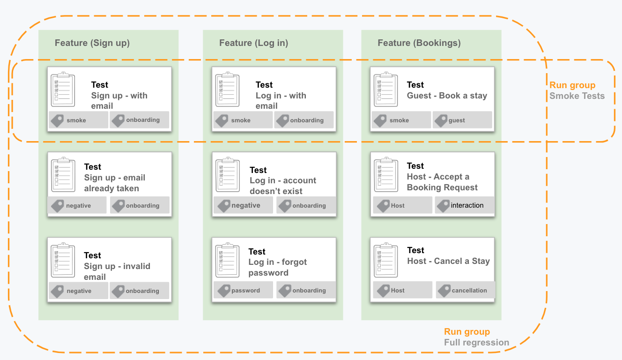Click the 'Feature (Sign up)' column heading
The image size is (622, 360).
pyautogui.click(x=92, y=43)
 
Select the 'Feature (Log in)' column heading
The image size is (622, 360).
pyautogui.click(x=253, y=43)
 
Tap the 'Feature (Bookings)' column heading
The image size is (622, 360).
pyautogui.click(x=419, y=43)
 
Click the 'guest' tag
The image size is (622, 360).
pyautogui.click(x=462, y=120)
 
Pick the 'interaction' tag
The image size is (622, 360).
pyautogui.click(x=465, y=205)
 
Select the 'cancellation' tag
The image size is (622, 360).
pyautogui.click(x=466, y=290)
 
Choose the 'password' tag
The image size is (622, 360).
pyautogui.click(x=243, y=290)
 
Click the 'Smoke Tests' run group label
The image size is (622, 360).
pyautogui.click(x=577, y=96)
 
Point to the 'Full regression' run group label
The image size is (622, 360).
pyautogui.click(x=476, y=343)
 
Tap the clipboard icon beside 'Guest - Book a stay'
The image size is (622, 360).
pyautogui.click(x=385, y=89)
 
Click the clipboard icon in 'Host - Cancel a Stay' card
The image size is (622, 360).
pyautogui.click(x=385, y=260)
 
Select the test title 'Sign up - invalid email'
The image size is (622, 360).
pyautogui.click(x=117, y=271)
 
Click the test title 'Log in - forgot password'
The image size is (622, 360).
pyautogui.click(x=278, y=267)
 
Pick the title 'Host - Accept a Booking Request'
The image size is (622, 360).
pyautogui.click(x=442, y=182)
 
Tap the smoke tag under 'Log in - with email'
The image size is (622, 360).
pyautogui.click(x=243, y=120)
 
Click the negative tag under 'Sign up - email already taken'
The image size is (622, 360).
pyautogui.click(x=77, y=205)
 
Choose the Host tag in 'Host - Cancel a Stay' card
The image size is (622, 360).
pyautogui.click(x=403, y=290)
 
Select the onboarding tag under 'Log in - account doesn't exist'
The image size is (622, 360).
pyautogui.click(x=306, y=205)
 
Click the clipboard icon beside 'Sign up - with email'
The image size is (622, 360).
pyautogui.click(x=63, y=89)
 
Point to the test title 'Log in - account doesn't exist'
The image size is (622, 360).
pyautogui.click(x=283, y=186)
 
